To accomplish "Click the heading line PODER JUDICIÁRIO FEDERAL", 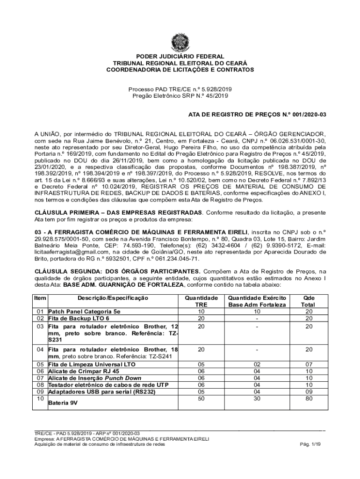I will point(180,56).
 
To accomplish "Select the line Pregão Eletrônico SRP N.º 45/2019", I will point(180,96).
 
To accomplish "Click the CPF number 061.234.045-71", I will point(175,257).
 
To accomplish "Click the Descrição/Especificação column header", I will point(113,298).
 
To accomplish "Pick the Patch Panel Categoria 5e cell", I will point(84,311).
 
